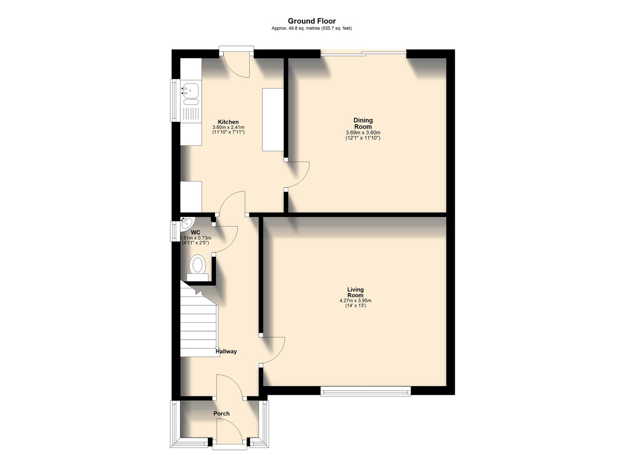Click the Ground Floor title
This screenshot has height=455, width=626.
[312, 21]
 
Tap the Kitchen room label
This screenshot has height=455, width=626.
[228, 122]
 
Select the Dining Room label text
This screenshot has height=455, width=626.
[363, 123]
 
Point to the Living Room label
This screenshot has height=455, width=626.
[355, 292]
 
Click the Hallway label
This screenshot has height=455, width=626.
[226, 351]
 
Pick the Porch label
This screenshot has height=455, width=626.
[221, 414]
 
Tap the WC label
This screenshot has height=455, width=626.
[196, 233]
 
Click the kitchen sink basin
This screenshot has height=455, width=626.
[191, 90]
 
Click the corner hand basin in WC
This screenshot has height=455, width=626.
[186, 223]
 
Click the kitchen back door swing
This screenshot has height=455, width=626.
[237, 66]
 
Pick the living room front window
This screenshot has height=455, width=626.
[365, 391]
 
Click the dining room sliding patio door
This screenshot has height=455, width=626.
[363, 52]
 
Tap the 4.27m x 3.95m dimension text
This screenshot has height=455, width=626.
[355, 301]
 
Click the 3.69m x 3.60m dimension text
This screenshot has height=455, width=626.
[363, 133]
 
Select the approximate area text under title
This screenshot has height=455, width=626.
[312, 28]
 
